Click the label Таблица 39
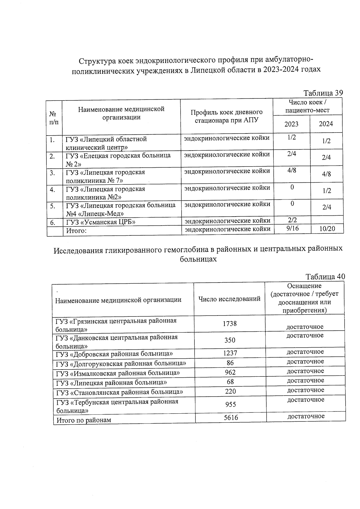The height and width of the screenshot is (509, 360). click(323, 93)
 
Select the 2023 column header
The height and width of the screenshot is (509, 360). click(291, 124)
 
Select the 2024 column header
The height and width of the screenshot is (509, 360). click(326, 124)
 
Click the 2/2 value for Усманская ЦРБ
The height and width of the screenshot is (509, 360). click(292, 220)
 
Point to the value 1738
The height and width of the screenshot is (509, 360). click(230, 324)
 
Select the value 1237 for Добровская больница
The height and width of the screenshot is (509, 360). click(230, 353)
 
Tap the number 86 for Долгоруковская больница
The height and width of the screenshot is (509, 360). click(230, 363)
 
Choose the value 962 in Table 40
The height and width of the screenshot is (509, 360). click(230, 372)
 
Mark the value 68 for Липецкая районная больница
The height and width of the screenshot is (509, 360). click(230, 382)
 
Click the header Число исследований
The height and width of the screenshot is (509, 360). click(229, 299)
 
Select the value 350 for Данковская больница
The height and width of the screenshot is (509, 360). click(230, 340)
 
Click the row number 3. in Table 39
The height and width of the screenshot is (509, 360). click(52, 173)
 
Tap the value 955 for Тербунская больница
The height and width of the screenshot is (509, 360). click(230, 404)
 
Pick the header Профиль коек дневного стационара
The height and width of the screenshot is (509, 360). click(226, 116)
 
